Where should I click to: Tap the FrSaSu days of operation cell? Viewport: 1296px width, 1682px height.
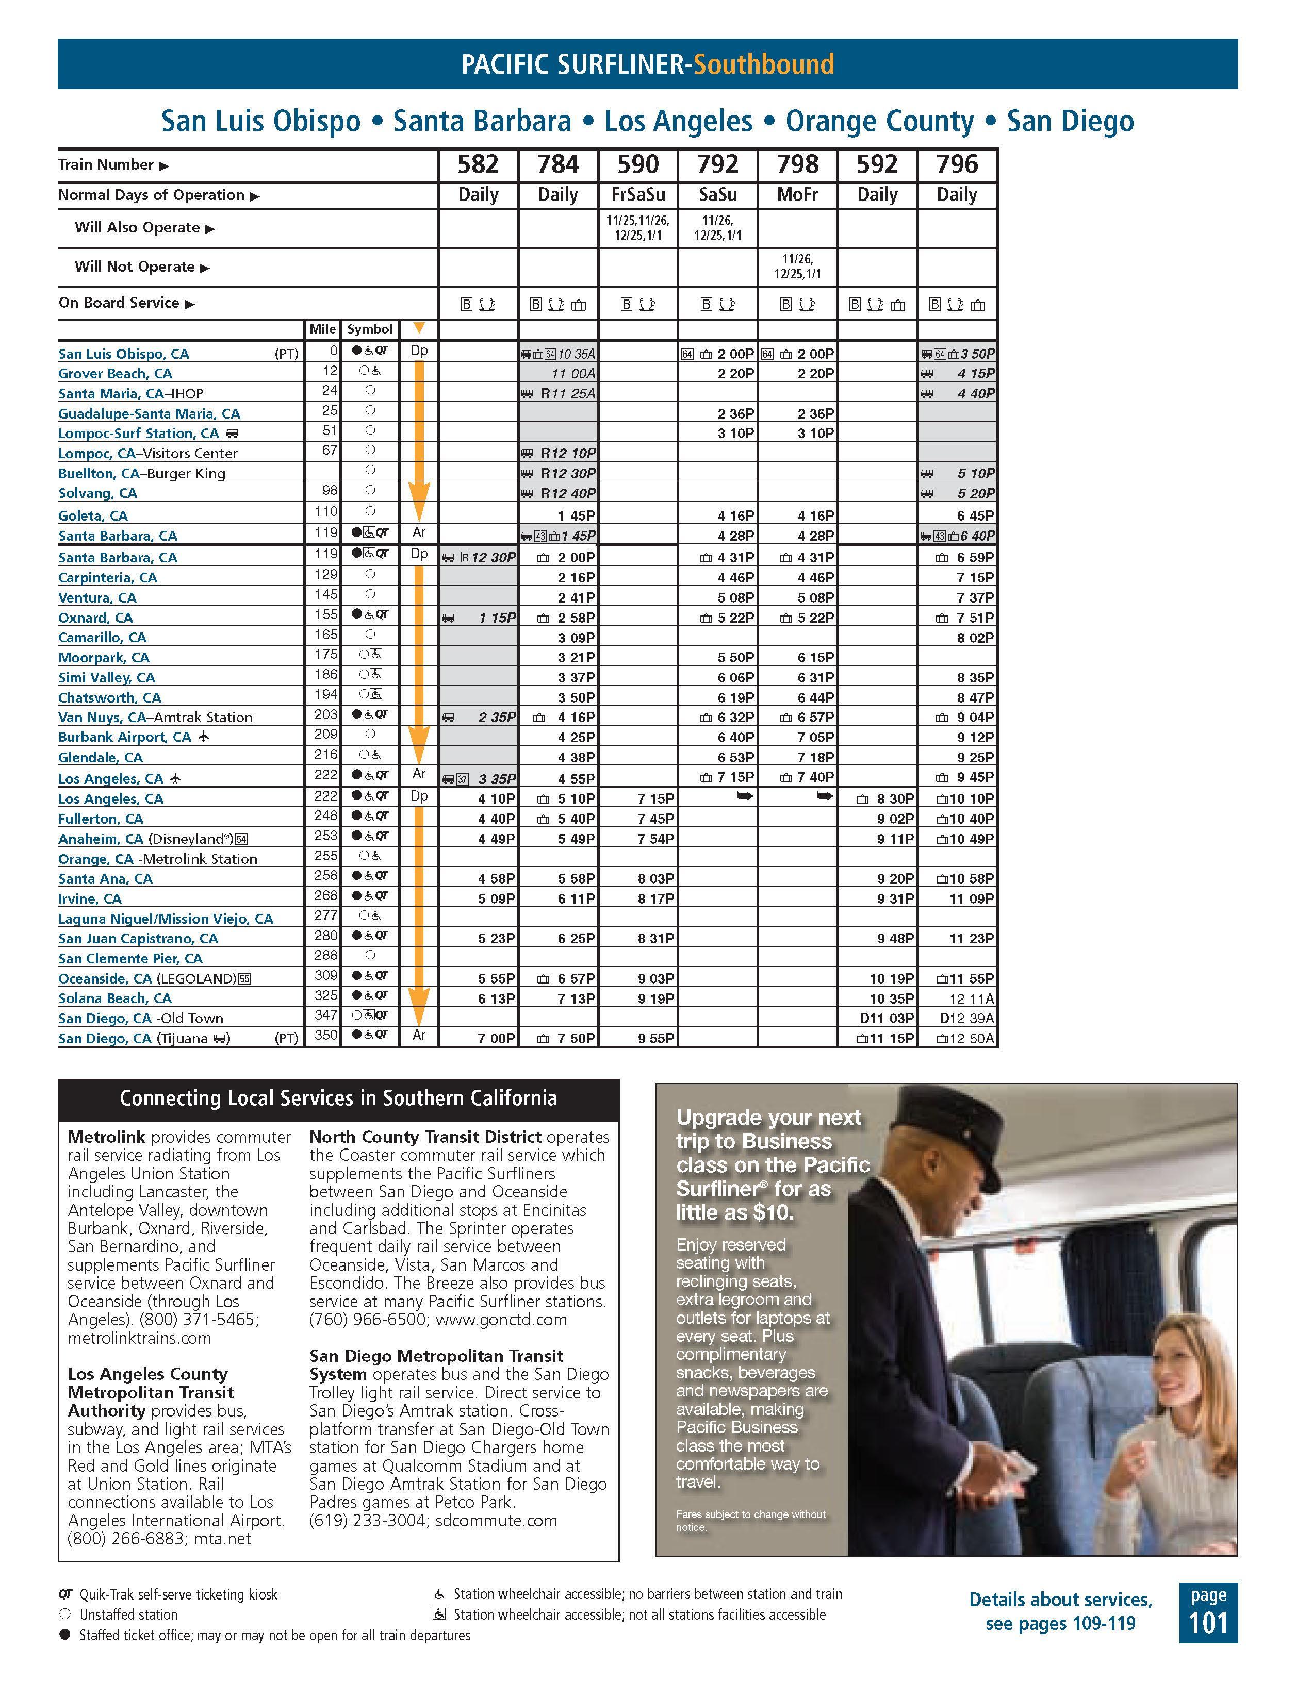coord(637,195)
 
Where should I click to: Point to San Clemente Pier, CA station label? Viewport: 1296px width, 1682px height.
coord(130,959)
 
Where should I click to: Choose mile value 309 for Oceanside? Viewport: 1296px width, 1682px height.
coord(326,975)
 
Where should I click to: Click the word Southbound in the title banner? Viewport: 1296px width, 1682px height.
coord(764,64)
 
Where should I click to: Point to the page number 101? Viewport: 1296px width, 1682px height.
coord(1208,1623)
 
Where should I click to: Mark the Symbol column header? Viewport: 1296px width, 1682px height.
coord(370,329)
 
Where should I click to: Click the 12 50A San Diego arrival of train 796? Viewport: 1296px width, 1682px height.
coord(972,1038)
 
